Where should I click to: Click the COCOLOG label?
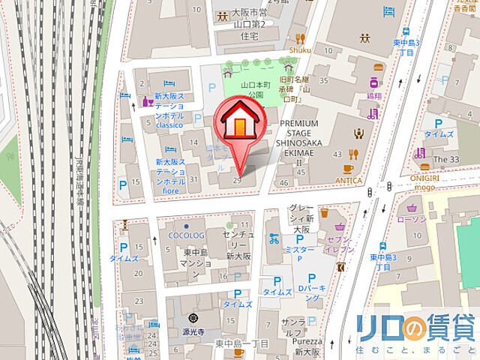click(187, 235)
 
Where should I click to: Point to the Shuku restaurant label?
click(299, 50)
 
